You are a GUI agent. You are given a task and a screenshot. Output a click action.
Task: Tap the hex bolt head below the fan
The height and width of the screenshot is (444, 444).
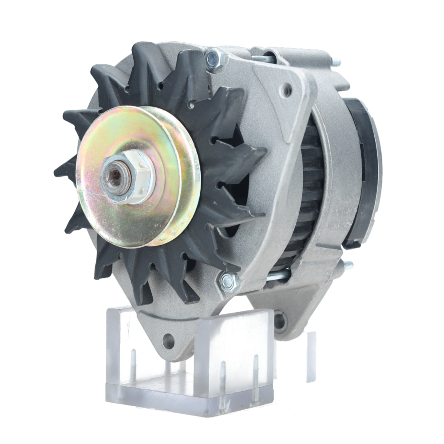pos(229,281)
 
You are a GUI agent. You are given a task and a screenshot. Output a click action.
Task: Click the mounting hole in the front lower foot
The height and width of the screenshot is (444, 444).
pos(168,341)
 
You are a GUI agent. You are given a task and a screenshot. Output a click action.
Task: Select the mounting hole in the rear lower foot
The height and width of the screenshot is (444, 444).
pos(280,319)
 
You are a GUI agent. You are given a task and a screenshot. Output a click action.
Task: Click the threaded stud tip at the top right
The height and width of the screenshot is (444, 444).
pos(336,62)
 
